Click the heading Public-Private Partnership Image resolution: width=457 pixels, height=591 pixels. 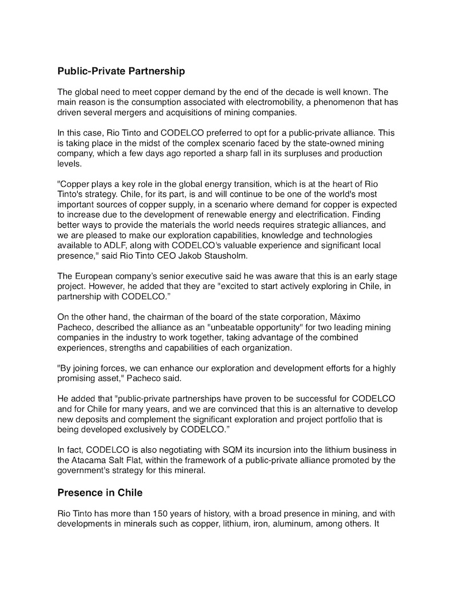[x=121, y=72]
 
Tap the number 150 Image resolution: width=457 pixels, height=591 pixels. [x=170, y=513]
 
